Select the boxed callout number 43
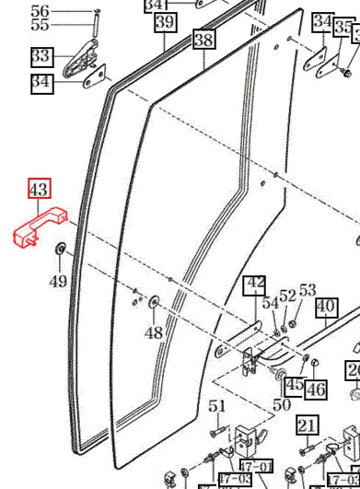click(x=39, y=190)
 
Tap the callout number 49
click(x=58, y=280)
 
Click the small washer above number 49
click(x=60, y=248)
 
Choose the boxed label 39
click(x=165, y=22)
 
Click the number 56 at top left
click(x=40, y=11)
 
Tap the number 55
click(x=40, y=25)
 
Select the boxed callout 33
click(x=41, y=57)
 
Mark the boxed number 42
click(x=256, y=284)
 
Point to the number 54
click(x=270, y=302)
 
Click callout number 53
click(x=308, y=290)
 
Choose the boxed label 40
click(x=326, y=307)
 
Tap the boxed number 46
click(x=316, y=390)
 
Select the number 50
click(x=282, y=403)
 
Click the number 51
click(x=216, y=405)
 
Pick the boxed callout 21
click(x=308, y=425)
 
